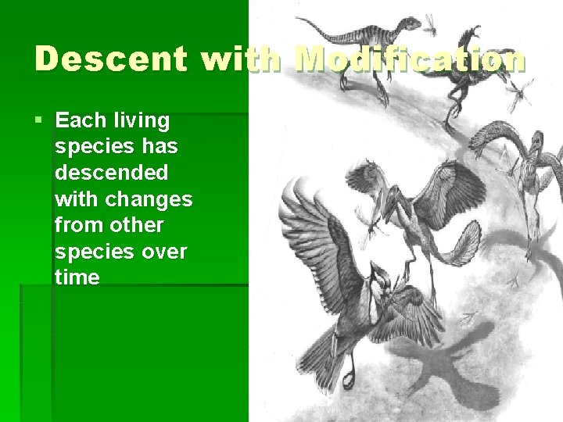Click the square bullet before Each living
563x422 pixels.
tap(39, 121)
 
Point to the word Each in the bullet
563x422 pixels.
tap(80, 121)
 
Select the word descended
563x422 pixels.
tap(111, 173)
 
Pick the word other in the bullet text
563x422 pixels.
tap(137, 225)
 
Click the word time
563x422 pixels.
tap(77, 277)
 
